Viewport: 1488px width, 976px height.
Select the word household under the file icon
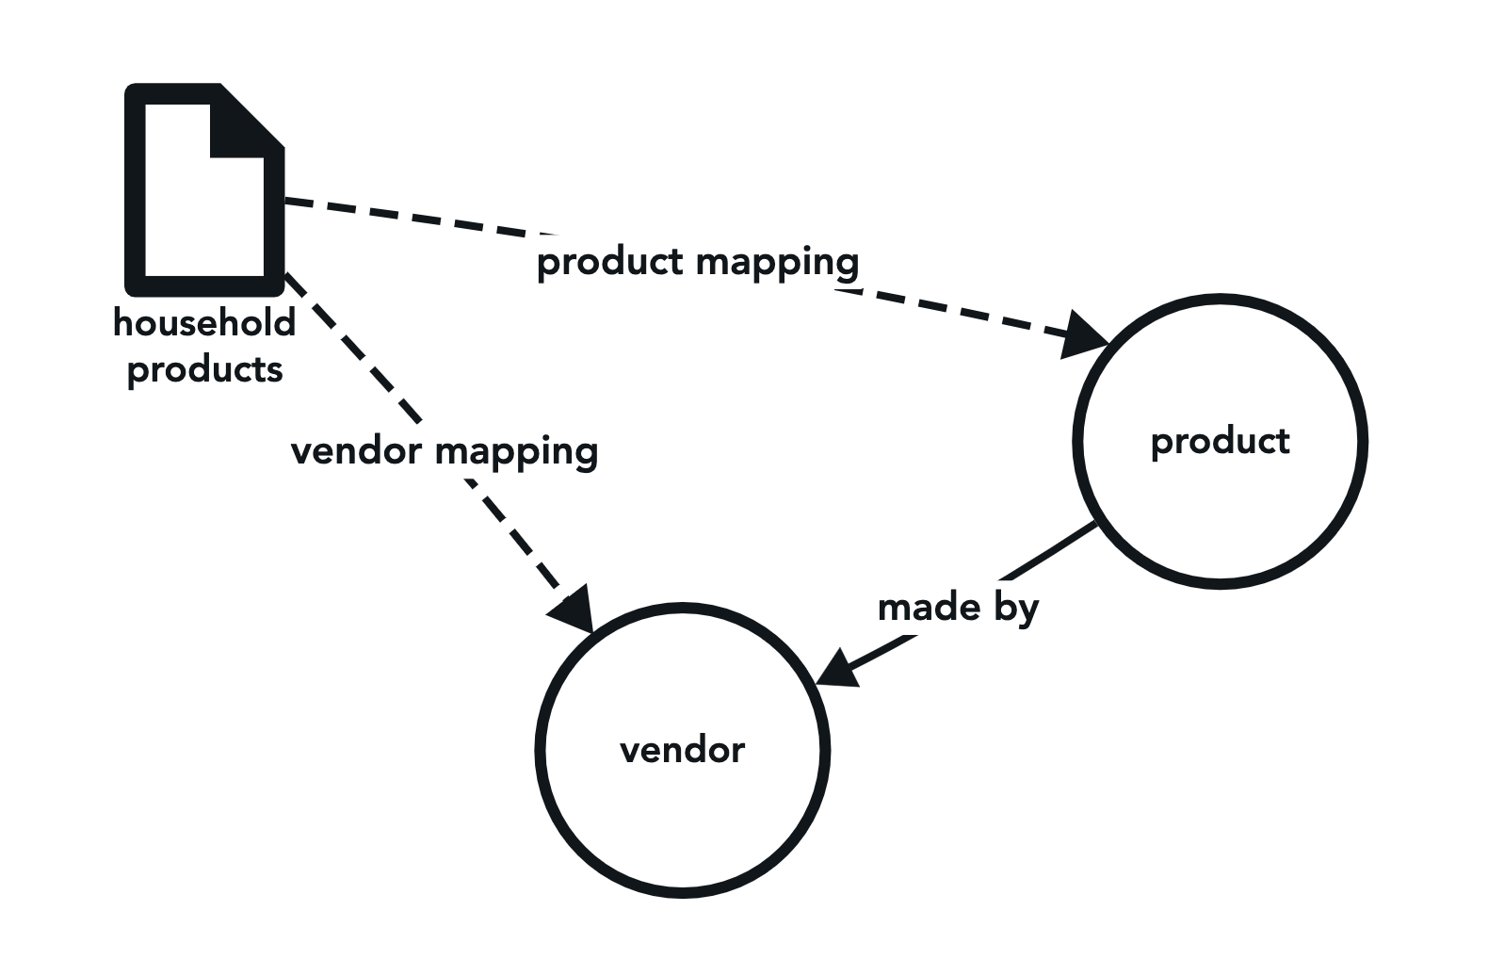[x=204, y=323]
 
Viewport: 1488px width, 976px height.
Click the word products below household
[x=204, y=369]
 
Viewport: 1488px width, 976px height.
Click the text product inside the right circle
[x=1220, y=441]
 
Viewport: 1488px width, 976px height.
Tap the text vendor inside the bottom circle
[x=683, y=750]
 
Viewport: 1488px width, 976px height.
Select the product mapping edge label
[x=698, y=262]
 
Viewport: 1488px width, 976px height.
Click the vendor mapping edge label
[x=445, y=451]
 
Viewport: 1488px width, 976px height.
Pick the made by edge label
[x=958, y=608]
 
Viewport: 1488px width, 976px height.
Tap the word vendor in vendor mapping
[x=356, y=451]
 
